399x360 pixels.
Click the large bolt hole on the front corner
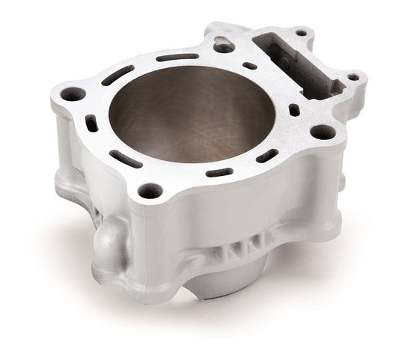[x=150, y=190]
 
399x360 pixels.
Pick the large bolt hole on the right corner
[x=322, y=132]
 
